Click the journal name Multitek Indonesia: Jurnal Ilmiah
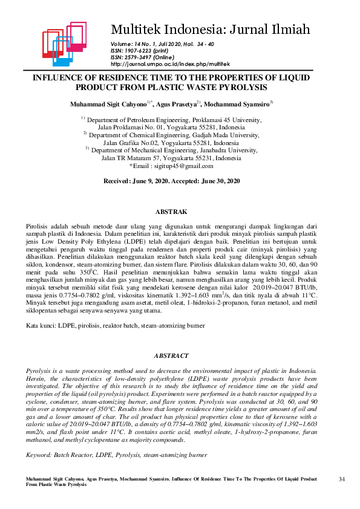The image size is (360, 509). coord(211,28)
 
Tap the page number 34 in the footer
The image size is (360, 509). coord(342,479)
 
